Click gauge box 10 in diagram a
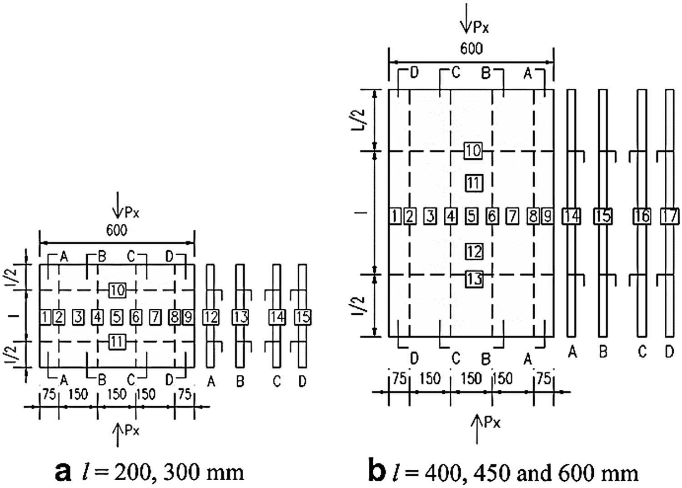117,290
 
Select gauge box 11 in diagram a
117,341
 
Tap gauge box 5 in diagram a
117,317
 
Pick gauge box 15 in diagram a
302,317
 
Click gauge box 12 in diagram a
211,317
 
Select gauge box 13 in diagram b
474,278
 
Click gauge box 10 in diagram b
473,151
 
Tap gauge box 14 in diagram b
571,216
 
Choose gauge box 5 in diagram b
471,216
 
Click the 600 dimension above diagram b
471,48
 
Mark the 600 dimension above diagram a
117,230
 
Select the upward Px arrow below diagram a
118,434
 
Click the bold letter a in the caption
63,472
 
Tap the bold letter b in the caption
377,471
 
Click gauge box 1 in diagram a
45,317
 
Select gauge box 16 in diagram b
642,216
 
